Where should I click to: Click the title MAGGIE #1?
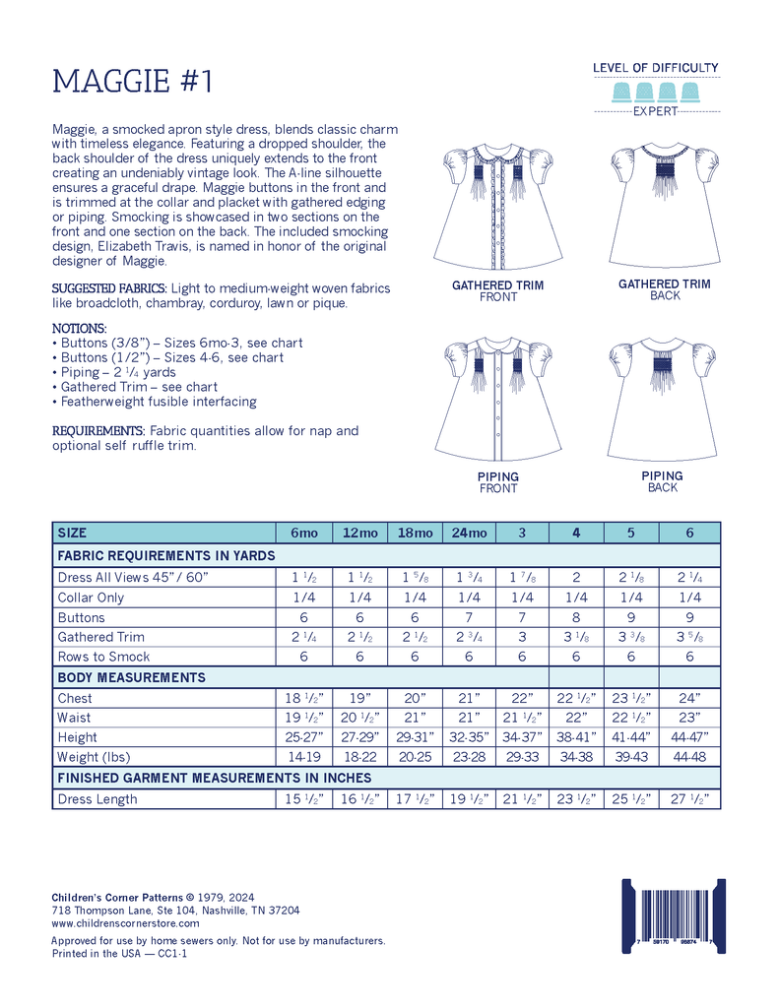point(132,81)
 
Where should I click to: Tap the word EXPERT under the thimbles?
point(655,111)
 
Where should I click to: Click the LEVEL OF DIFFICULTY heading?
point(655,68)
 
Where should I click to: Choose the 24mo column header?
point(469,533)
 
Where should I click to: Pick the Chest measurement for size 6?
point(689,698)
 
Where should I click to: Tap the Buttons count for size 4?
point(576,617)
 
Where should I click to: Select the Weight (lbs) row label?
point(93,757)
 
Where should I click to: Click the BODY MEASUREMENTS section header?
point(131,677)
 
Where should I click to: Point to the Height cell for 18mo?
point(415,737)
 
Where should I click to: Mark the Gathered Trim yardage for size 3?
point(522,637)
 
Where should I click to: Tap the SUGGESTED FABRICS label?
point(109,287)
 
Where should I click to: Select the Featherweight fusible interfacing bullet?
point(158,402)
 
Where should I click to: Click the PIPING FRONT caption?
point(497,482)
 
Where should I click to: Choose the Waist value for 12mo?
point(359,718)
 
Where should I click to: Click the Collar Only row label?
point(91,598)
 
